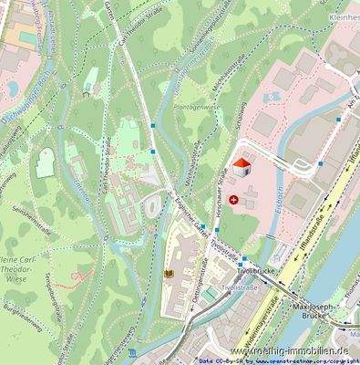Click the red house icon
point(242,168)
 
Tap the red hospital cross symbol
point(235,199)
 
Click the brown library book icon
point(168,273)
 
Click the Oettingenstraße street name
point(193,298)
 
